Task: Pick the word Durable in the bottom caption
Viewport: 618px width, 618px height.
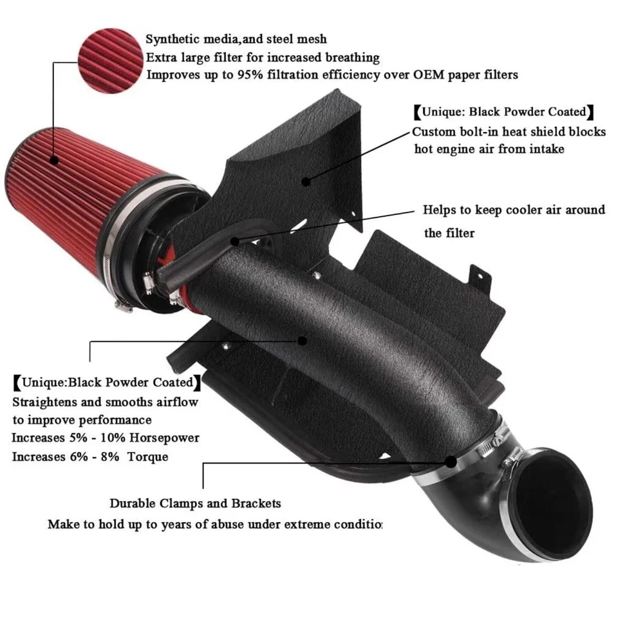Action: click(133, 504)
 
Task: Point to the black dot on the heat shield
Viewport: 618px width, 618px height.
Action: click(306, 181)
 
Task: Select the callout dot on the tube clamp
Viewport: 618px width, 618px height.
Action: click(451, 462)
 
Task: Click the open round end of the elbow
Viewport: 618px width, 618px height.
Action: click(557, 499)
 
